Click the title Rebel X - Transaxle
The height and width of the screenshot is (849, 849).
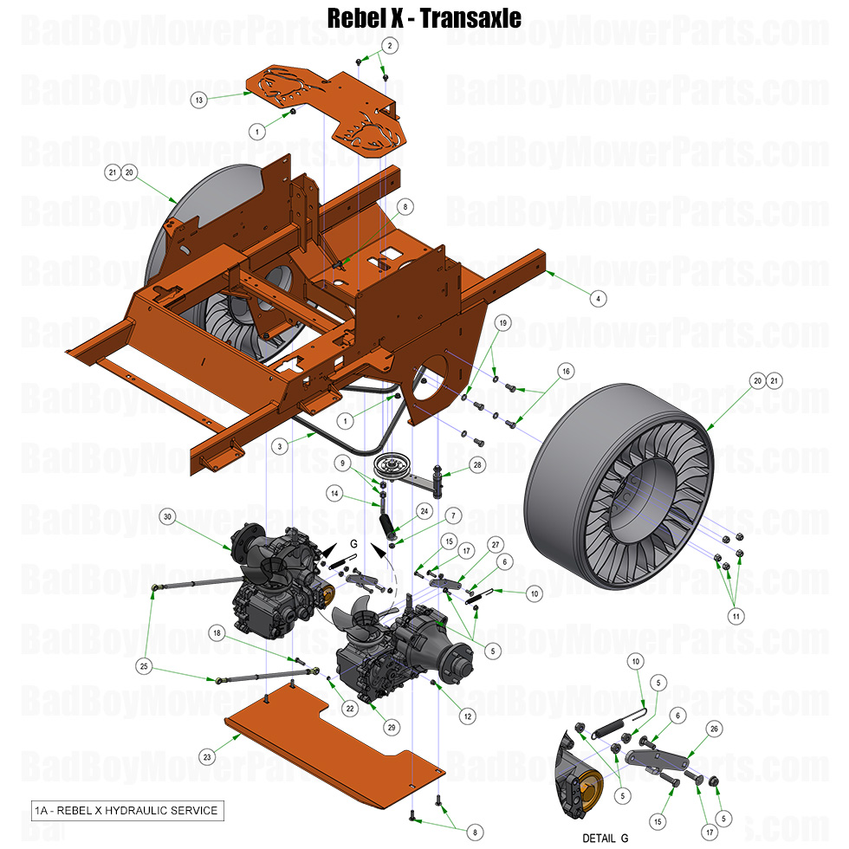424,16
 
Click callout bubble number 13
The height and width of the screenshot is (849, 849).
199,100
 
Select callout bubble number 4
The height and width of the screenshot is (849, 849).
597,298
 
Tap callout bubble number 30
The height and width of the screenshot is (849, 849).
167,517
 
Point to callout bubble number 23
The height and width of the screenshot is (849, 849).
206,756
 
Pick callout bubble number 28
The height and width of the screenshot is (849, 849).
476,465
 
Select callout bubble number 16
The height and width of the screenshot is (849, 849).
565,371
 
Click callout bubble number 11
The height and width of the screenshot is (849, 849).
736,616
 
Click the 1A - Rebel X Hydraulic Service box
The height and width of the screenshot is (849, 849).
126,811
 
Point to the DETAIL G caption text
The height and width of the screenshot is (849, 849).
606,839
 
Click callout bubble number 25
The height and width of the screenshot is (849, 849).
144,665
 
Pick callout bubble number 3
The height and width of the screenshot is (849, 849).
279,446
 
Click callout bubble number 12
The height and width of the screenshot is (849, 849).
467,716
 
